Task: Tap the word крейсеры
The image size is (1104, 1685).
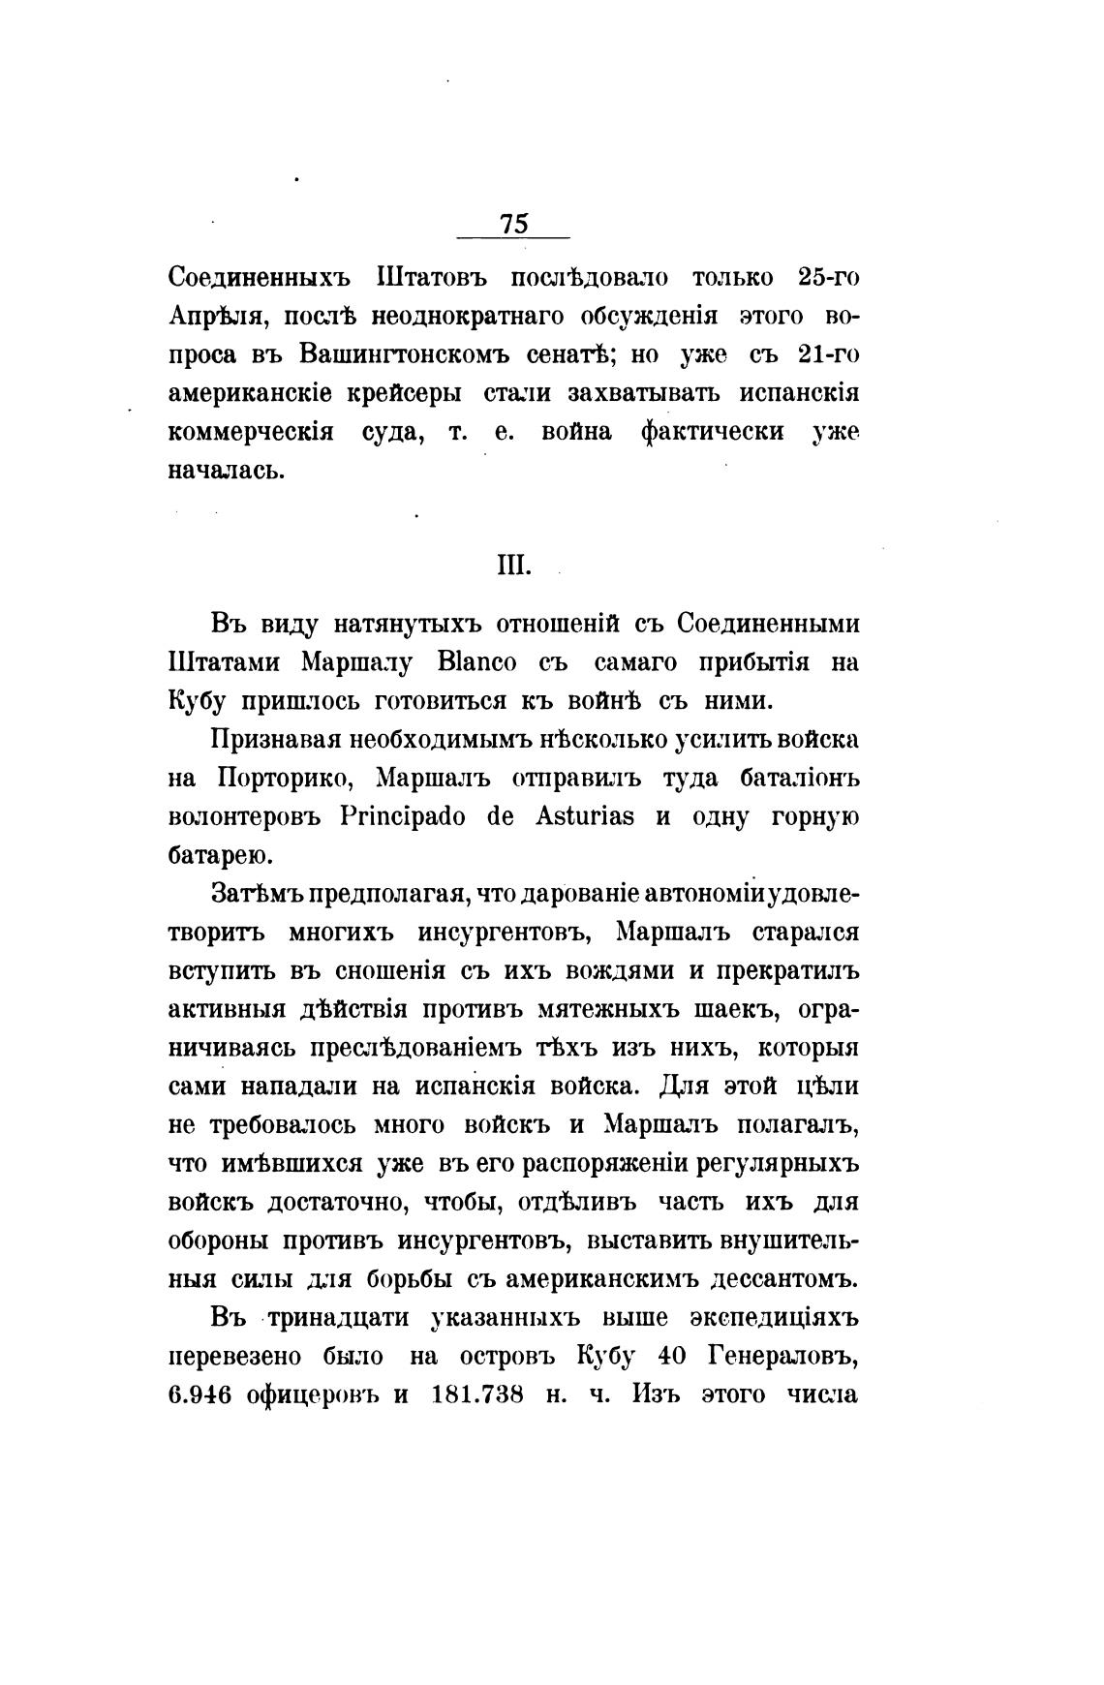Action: point(405,393)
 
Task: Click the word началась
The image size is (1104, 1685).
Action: point(228,471)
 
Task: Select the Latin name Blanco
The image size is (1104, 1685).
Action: point(479,663)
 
